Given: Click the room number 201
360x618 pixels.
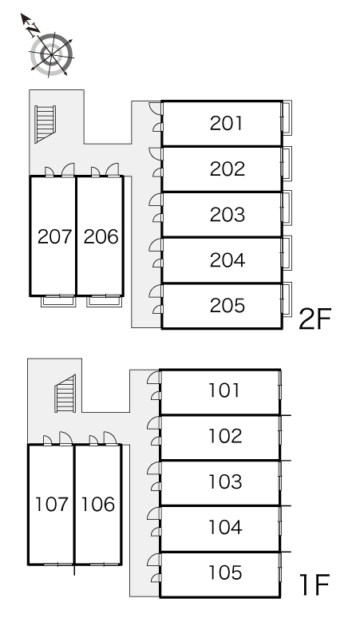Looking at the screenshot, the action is [226, 124].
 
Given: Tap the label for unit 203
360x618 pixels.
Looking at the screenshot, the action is [227, 215].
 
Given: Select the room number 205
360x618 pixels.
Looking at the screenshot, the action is [227, 306].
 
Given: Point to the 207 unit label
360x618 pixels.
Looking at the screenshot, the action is [55, 236].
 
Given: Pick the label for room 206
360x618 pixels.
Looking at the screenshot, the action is [101, 236].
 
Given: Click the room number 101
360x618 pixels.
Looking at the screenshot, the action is [224, 390].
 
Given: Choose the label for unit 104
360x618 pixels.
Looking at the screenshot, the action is [225, 527].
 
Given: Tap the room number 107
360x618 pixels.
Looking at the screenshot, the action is [52, 504].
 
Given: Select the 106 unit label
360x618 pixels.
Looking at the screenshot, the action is [98, 504].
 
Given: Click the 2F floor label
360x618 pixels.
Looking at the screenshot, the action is [315, 319].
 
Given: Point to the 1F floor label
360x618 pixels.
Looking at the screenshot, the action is [315, 585].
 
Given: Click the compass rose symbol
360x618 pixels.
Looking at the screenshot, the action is [52, 54].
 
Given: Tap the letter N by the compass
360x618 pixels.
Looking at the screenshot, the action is [34, 29].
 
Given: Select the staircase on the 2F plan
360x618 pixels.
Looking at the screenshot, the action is [45, 124].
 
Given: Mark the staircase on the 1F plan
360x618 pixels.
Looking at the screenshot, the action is [65, 394].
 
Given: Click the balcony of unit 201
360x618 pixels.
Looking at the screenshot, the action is [287, 118].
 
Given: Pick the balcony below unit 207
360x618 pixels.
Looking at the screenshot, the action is [58, 301].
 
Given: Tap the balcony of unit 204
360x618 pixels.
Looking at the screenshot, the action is [287, 253].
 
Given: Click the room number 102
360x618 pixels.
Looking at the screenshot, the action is [225, 436].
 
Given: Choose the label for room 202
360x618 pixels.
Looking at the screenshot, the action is [227, 169].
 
